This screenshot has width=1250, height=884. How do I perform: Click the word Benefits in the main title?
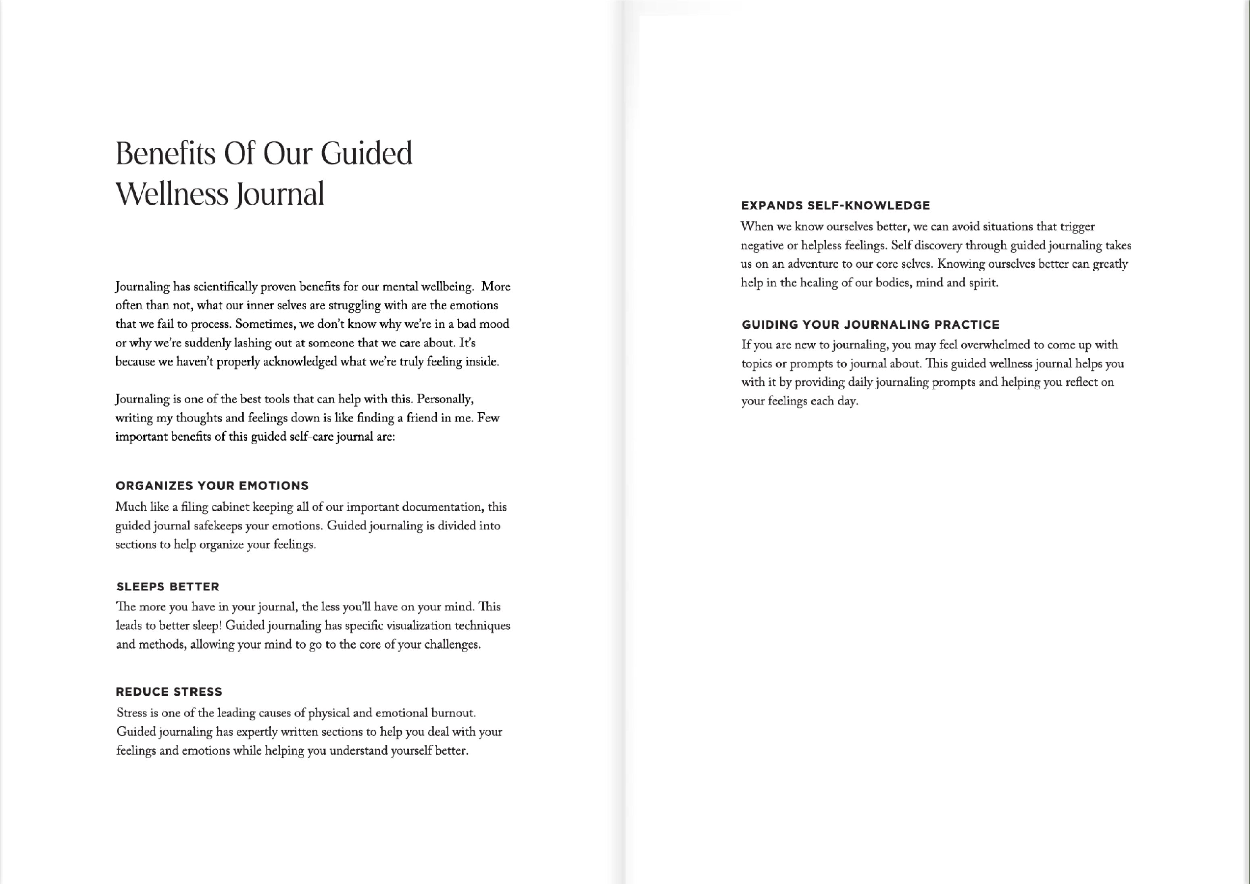point(166,154)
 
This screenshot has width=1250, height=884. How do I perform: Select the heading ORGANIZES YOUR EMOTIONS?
point(212,486)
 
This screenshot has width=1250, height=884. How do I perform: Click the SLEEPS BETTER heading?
point(168,587)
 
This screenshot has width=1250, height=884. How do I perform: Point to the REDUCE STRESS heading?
point(169,692)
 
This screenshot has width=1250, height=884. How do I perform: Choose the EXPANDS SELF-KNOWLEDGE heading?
point(835,206)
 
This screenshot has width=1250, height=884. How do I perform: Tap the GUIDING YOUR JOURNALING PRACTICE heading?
point(871,325)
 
